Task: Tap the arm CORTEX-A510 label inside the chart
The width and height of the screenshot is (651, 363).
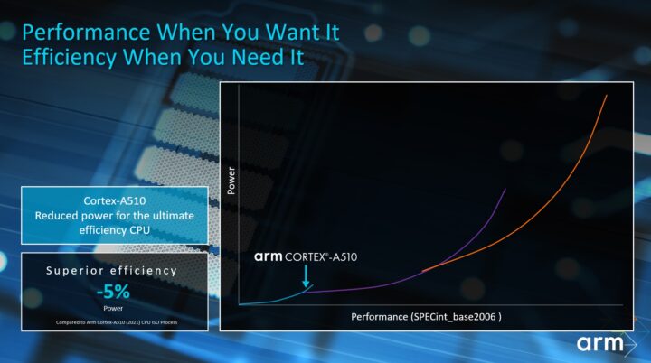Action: pos(306,257)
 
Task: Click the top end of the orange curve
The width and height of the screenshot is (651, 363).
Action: pos(605,96)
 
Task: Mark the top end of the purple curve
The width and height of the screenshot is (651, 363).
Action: pos(505,191)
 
